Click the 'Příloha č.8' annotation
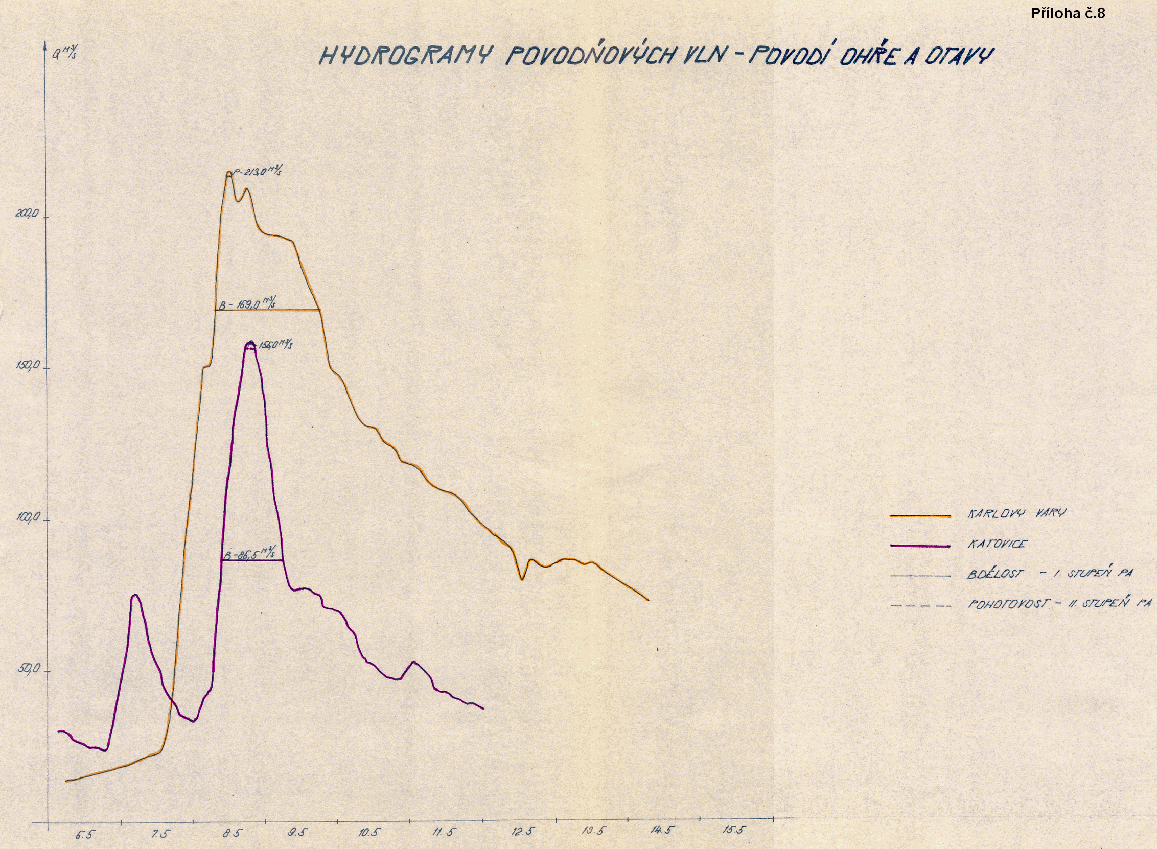pyautogui.click(x=1068, y=14)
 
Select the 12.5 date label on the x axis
pyautogui.click(x=523, y=831)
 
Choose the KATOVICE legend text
pyautogui.click(x=997, y=544)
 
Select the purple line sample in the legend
pyautogui.click(x=920, y=546)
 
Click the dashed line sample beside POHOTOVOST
pyautogui.click(x=920, y=606)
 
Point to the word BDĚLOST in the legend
pyautogui.click(x=995, y=574)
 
